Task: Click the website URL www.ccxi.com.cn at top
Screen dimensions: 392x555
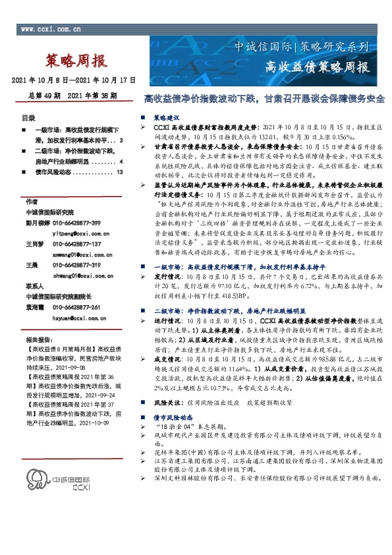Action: pos(51,30)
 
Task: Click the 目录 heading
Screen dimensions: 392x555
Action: pos(29,118)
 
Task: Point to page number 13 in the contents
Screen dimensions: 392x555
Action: pos(119,172)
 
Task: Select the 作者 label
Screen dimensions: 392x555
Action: pos(29,201)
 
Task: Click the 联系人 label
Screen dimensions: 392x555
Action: pos(32,287)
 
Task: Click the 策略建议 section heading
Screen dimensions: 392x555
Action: pos(168,116)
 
